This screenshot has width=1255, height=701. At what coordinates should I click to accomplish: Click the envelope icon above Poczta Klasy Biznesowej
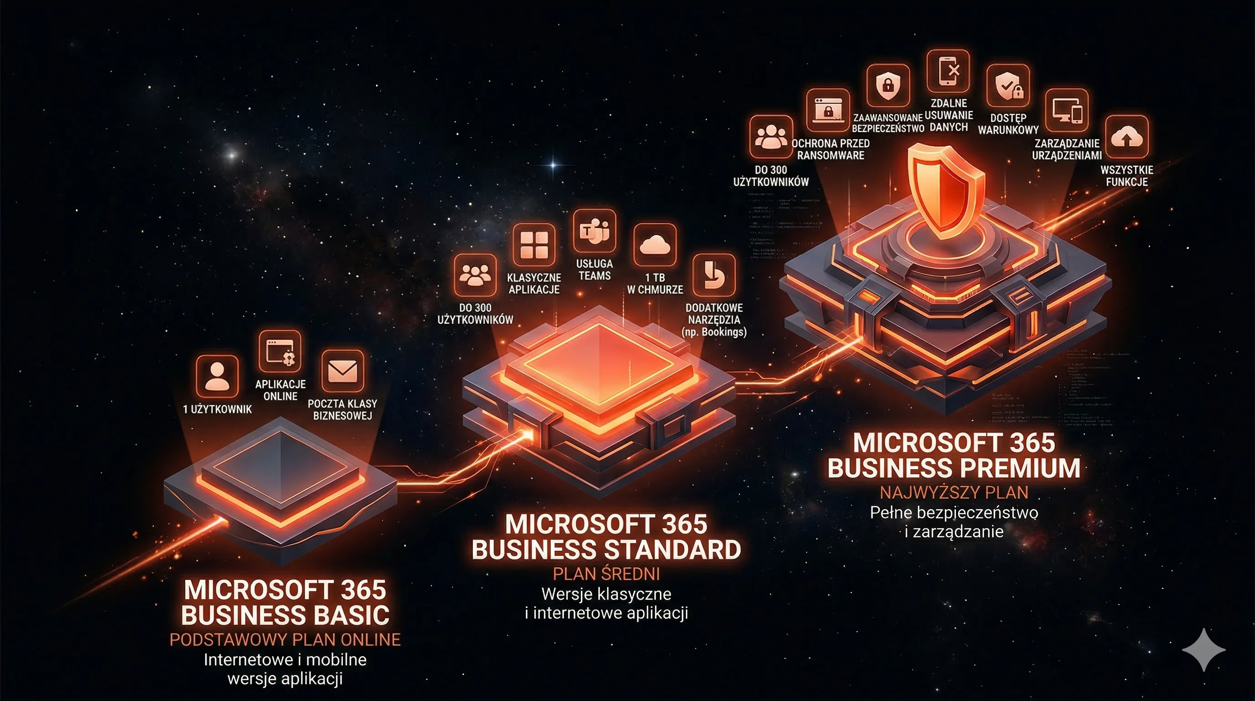(x=342, y=371)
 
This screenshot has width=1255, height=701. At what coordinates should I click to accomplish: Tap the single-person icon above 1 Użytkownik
(x=217, y=377)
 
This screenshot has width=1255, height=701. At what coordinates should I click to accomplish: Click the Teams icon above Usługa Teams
(x=594, y=230)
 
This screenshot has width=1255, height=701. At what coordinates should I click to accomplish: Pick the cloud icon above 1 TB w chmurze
(x=655, y=245)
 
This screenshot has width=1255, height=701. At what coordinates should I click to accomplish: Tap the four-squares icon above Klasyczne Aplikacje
(x=534, y=245)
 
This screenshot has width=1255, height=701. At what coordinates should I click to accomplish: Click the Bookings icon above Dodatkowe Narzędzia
(x=714, y=275)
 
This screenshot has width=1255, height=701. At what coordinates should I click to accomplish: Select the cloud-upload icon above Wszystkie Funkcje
(x=1126, y=137)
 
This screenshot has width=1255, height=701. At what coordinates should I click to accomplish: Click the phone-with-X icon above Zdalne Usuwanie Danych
(x=948, y=71)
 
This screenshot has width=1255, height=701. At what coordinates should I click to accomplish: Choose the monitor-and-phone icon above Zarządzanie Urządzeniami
(x=1067, y=110)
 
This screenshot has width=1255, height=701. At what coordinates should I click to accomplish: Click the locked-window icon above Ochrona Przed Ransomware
(x=828, y=110)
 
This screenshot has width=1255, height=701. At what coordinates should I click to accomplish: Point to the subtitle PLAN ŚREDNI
(x=606, y=574)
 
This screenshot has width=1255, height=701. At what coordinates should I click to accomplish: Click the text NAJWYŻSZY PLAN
(x=954, y=492)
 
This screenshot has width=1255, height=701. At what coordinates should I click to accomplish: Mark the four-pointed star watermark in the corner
(x=1203, y=649)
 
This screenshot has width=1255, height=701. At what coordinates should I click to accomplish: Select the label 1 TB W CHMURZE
(x=655, y=284)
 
